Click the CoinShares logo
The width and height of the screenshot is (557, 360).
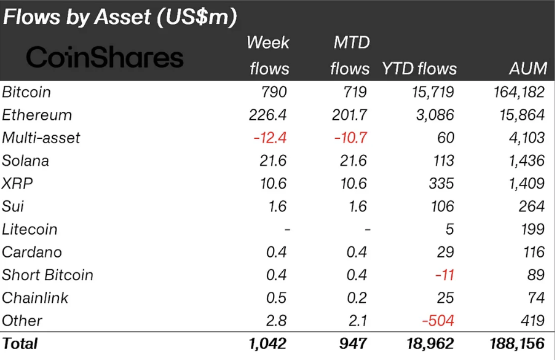click(105, 58)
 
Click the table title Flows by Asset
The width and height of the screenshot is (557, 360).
click(120, 17)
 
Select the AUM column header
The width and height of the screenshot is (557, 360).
click(527, 68)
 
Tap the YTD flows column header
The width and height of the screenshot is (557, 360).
click(419, 68)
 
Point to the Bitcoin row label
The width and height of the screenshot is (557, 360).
click(26, 92)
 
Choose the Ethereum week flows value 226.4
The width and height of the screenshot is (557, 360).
click(266, 115)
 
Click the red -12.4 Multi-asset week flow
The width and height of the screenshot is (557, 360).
click(271, 138)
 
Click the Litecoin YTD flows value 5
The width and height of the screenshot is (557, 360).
click(449, 229)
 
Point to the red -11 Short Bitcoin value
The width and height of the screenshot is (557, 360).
click(444, 275)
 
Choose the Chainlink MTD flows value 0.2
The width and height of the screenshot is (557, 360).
click(357, 298)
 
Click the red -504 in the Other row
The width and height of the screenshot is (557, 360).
click(438, 321)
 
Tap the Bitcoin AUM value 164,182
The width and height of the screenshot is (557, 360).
click(518, 92)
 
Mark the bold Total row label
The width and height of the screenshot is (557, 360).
click(20, 344)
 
